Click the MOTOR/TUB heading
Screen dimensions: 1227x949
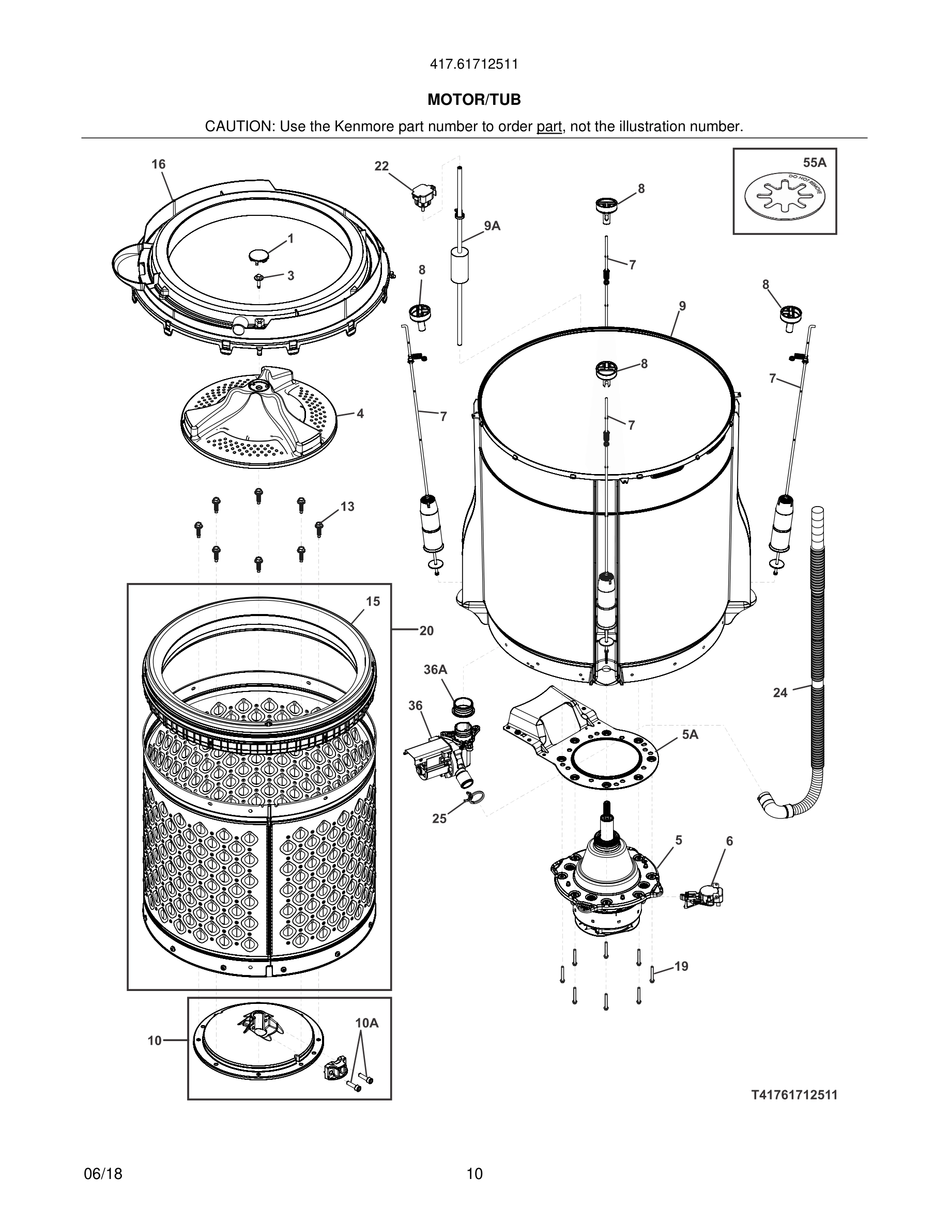coord(474,100)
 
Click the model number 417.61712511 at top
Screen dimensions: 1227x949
coord(474,65)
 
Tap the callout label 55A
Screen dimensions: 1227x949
coord(815,163)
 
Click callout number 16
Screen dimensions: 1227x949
coord(159,164)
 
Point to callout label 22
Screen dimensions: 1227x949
coord(382,166)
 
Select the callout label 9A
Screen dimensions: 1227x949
coord(492,226)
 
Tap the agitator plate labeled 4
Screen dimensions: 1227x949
coord(258,416)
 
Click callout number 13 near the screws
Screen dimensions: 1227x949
coord(347,506)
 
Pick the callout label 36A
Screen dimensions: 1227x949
coord(435,669)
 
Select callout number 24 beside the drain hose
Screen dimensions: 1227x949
coord(780,693)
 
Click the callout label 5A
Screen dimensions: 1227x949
coord(690,734)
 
